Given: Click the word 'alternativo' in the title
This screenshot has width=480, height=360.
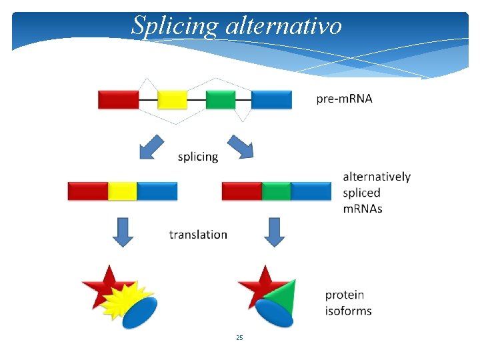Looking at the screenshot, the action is point(284,25).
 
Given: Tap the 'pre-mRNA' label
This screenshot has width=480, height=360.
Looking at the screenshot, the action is point(344,99).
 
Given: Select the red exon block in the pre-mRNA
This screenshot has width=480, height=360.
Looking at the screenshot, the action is point(118,99).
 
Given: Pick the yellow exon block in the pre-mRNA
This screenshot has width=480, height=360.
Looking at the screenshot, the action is point(172,99).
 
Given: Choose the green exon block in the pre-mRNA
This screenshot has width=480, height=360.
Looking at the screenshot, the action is point(221,99).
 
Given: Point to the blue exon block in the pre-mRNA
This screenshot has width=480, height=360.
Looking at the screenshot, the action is point(271,99).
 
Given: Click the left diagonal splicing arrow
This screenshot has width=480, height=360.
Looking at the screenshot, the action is point(153,147).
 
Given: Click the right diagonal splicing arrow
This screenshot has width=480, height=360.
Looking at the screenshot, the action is point(240,147).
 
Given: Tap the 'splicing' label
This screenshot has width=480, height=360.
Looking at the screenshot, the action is point(198,157).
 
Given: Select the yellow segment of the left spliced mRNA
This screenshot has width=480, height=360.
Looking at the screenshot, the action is point(123,191).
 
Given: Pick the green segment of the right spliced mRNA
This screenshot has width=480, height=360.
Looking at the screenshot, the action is point(276,191).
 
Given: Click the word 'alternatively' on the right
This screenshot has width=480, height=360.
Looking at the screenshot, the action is point(377,177).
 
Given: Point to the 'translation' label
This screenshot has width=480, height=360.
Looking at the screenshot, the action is point(198,235).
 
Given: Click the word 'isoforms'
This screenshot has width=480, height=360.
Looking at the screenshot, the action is point(348,311).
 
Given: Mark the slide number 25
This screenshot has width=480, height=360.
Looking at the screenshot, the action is point(239,338).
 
